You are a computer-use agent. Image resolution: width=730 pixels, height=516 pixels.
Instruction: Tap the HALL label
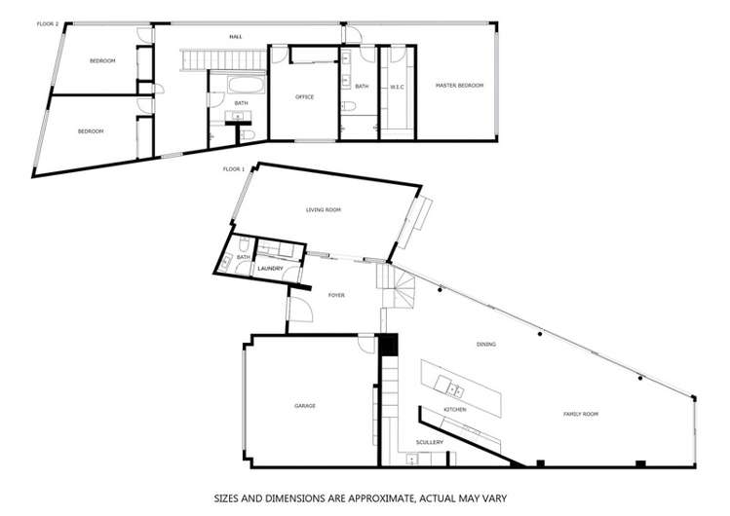click(235, 36)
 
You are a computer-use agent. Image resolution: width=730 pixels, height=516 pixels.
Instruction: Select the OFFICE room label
click(304, 96)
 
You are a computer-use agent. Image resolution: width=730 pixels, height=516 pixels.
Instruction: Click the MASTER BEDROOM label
click(459, 86)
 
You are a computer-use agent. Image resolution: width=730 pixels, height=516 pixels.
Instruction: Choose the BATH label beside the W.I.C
click(362, 86)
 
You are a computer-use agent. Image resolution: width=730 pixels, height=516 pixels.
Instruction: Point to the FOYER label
click(336, 294)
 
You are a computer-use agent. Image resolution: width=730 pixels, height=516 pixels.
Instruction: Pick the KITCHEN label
click(455, 410)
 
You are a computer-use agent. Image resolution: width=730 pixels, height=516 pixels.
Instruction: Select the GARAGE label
click(305, 405)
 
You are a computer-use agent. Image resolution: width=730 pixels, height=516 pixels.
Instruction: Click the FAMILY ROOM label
click(581, 414)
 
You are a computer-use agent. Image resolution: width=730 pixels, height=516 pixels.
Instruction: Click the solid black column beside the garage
click(389, 345)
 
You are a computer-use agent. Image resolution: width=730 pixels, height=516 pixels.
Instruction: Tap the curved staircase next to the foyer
click(402, 286)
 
